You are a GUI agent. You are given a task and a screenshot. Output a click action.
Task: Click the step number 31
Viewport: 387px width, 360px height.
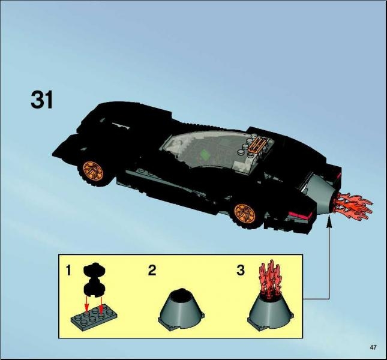tap(42, 101)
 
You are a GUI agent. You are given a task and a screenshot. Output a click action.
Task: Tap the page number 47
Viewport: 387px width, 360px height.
tap(373, 347)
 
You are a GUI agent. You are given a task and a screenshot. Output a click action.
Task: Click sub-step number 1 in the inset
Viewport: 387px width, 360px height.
tap(70, 271)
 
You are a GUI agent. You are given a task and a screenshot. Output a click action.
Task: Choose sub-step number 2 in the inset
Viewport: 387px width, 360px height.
tap(152, 270)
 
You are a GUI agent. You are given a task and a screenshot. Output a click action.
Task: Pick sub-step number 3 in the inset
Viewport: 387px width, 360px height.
tap(241, 270)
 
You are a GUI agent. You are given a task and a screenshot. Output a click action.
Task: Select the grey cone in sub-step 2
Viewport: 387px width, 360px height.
tap(183, 307)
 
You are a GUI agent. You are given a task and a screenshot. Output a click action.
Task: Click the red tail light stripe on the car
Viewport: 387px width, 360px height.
tap(301, 214)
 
